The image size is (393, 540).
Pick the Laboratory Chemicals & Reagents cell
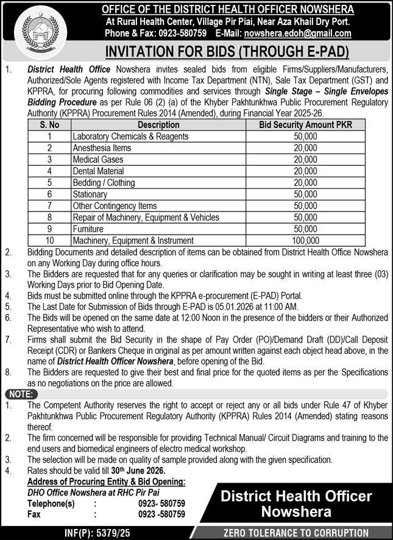(x=130, y=137)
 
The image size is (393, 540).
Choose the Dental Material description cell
(x=99, y=171)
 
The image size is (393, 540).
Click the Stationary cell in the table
(x=90, y=194)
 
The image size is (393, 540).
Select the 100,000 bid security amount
(x=305, y=241)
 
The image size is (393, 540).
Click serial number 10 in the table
(x=49, y=241)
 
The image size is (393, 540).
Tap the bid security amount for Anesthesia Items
(x=305, y=148)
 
